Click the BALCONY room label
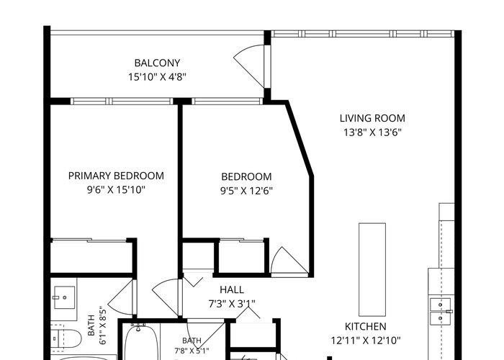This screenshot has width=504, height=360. click(157, 63)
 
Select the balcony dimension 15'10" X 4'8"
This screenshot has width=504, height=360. click(157, 77)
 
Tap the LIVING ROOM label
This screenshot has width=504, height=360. click(372, 118)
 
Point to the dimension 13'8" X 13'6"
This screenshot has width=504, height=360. click(372, 132)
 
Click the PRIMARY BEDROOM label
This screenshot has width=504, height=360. click(116, 176)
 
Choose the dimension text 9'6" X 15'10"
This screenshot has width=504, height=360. click(116, 190)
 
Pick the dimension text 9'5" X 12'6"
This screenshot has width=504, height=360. click(246, 191)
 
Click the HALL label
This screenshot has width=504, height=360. click(232, 289)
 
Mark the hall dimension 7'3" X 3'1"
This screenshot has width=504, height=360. click(232, 304)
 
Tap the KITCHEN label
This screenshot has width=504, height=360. click(366, 327)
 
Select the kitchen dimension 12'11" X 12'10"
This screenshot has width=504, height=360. click(366, 341)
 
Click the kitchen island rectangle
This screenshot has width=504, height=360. click(372, 269)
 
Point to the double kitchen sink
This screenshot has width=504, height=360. click(441, 311)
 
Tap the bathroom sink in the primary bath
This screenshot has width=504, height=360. click(64, 297)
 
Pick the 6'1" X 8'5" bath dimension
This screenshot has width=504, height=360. click(96, 325)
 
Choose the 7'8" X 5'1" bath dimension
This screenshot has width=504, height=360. click(192, 345)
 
